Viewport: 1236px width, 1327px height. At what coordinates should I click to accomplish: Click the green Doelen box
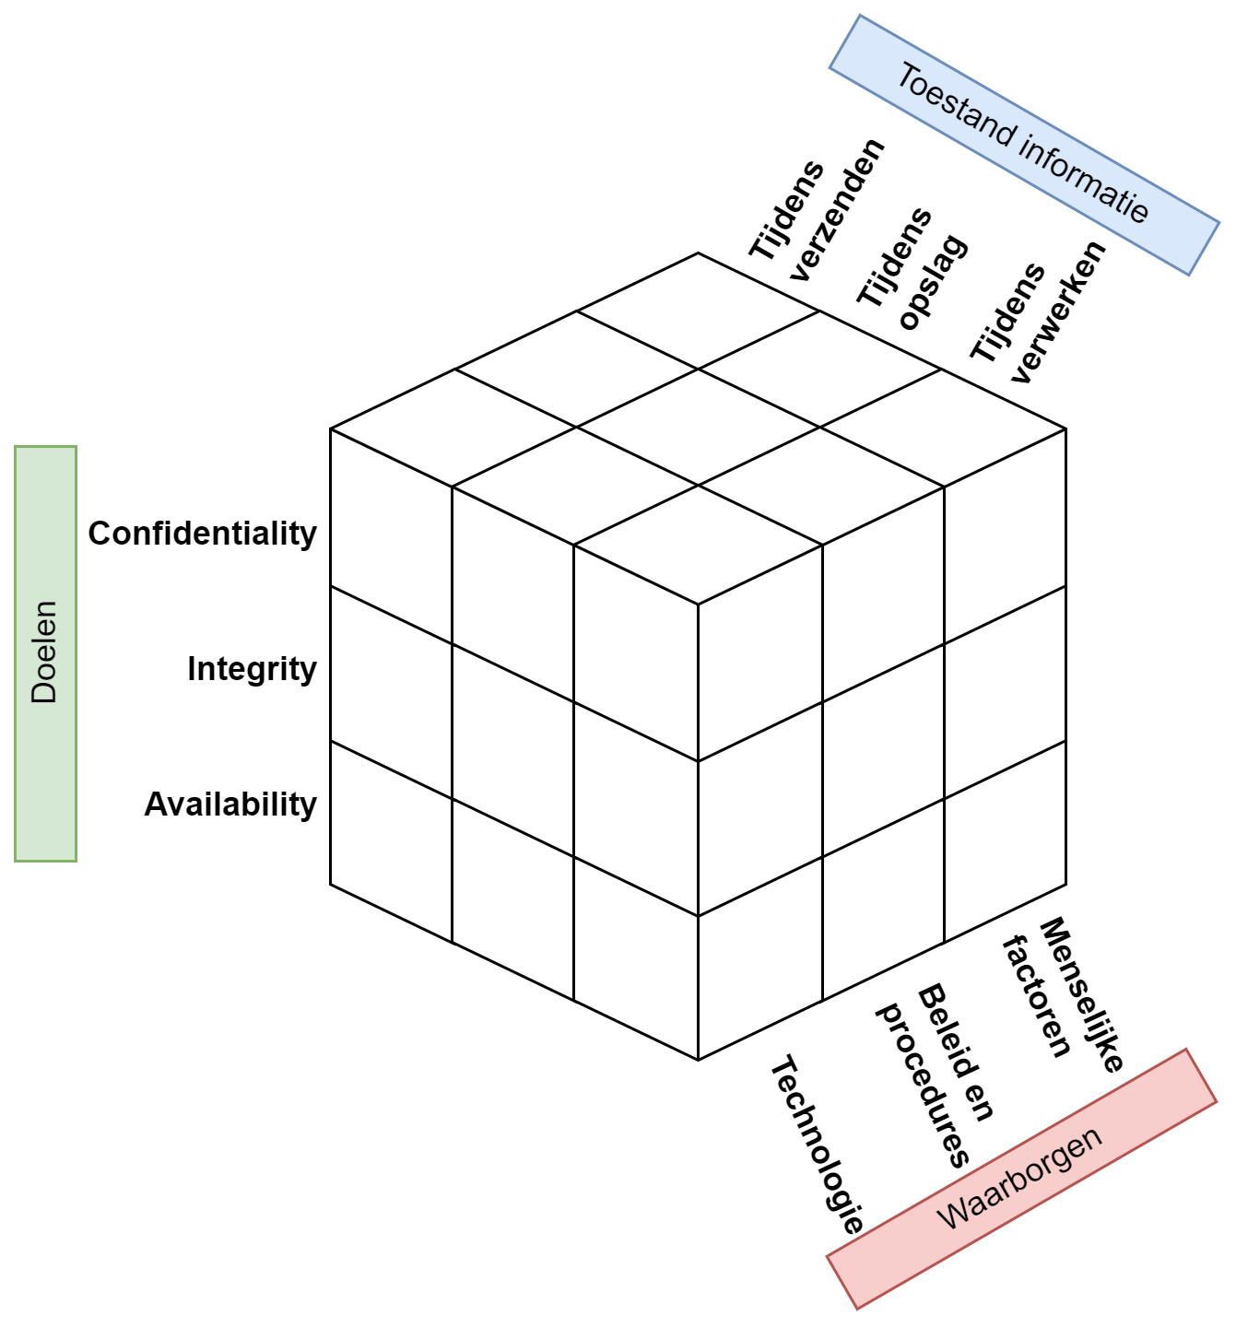click(x=45, y=653)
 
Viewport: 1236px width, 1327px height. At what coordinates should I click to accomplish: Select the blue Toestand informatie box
click(x=1024, y=145)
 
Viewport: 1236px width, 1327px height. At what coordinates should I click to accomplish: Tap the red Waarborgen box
click(x=1021, y=1179)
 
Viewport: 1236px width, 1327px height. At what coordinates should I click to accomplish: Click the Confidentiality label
click(x=203, y=533)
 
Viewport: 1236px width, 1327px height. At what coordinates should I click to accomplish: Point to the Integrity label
click(x=252, y=668)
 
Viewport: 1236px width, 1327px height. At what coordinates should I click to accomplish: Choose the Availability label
click(x=230, y=804)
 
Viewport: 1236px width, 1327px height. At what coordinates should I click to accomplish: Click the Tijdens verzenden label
click(x=815, y=211)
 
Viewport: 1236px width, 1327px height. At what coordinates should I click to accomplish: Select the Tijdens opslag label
click(x=912, y=268)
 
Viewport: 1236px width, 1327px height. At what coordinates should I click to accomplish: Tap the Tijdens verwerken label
click(x=1036, y=312)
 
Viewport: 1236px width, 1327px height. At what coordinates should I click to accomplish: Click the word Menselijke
click(x=1081, y=993)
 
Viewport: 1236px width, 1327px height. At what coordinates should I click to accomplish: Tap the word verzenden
click(x=836, y=210)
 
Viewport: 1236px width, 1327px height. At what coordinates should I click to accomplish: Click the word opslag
click(x=933, y=282)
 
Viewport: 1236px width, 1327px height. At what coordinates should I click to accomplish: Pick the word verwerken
click(x=1058, y=311)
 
